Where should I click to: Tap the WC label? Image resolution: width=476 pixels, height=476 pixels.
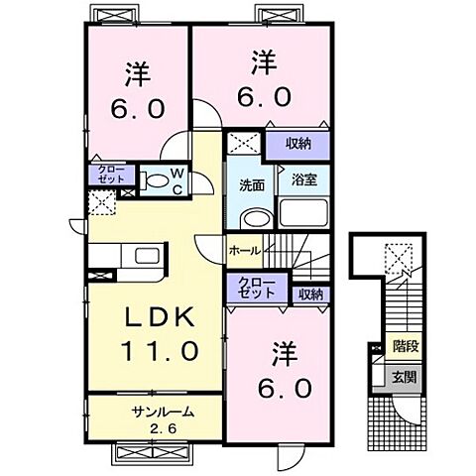tap(177, 181)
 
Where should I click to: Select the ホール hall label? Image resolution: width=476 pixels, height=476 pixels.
tap(243, 251)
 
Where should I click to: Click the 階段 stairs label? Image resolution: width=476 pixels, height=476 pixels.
tap(404, 347)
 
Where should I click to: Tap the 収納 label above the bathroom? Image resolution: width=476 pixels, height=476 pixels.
tap(298, 144)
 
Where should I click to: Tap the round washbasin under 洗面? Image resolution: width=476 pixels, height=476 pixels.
tap(254, 221)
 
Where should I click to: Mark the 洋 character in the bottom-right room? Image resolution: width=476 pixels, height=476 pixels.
tap(284, 353)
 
